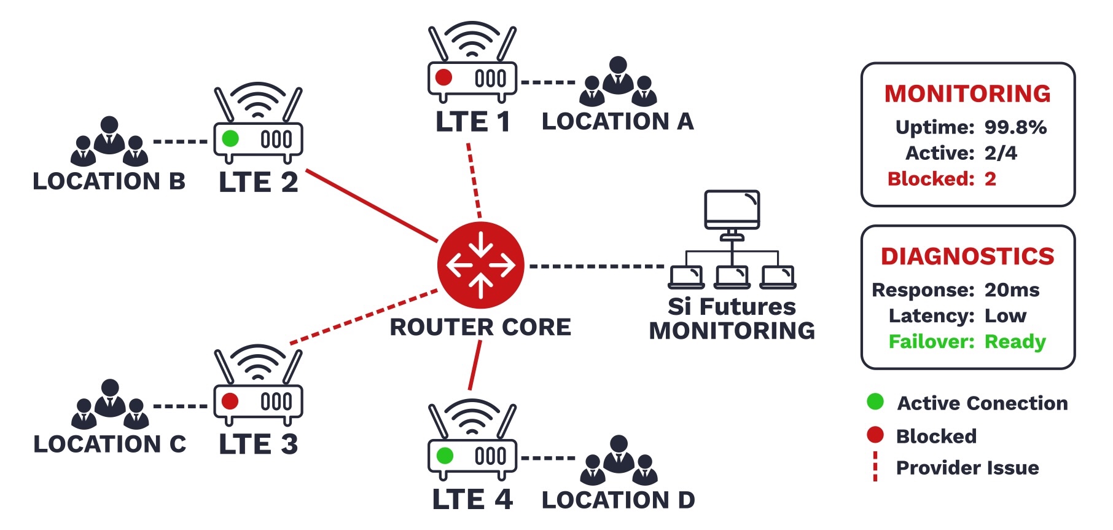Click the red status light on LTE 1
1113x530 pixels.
pyautogui.click(x=443, y=77)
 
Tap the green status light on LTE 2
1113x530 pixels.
pyautogui.click(x=230, y=138)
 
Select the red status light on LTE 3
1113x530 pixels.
pyautogui.click(x=230, y=401)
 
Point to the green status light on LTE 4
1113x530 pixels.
pyautogui.click(x=444, y=456)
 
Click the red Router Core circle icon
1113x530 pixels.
pyautogui.click(x=480, y=265)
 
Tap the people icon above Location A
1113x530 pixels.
pyautogui.click(x=618, y=82)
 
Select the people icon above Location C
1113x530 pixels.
pyautogui.click(x=110, y=404)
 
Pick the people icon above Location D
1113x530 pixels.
pyautogui.click(x=619, y=460)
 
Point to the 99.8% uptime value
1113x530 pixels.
pyautogui.click(x=1015, y=127)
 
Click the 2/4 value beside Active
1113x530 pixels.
pyautogui.click(x=1001, y=153)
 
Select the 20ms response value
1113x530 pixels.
pyautogui.click(x=1012, y=290)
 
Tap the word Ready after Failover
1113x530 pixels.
pyautogui.click(x=1015, y=341)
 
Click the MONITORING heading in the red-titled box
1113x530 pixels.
pyautogui.click(x=967, y=93)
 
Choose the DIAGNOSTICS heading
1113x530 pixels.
pyautogui.click(x=967, y=256)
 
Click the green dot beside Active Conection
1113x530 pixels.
pyautogui.click(x=875, y=402)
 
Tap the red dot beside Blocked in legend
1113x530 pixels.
pyautogui.click(x=875, y=435)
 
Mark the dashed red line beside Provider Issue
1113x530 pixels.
pyautogui.click(x=875, y=467)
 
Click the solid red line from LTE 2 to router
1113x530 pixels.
pyautogui.click(x=371, y=205)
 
